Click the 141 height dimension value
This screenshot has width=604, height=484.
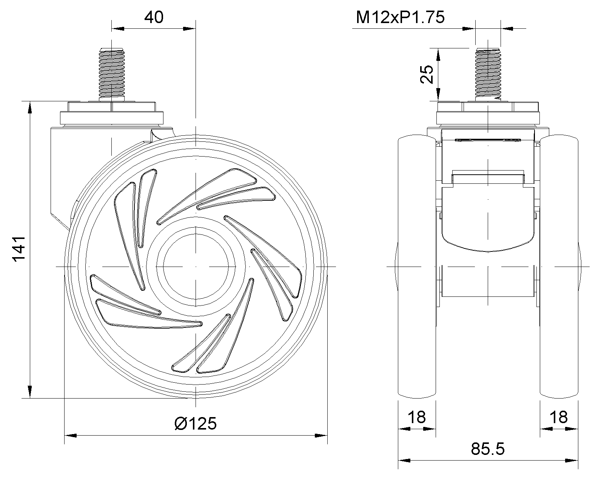coord(19,249)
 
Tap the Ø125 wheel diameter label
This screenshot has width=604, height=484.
coord(196,423)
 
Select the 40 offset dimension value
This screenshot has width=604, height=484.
coord(154,17)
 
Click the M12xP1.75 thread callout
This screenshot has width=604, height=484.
coord(400,17)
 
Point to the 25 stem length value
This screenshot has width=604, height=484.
coord(427,74)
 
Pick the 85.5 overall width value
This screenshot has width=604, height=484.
coord(488,449)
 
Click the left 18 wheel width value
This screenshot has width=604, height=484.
coord(417,417)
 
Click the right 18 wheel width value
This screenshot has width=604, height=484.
coord(559,417)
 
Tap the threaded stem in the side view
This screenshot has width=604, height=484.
coord(112,74)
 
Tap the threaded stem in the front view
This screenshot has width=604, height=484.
coord(488,74)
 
